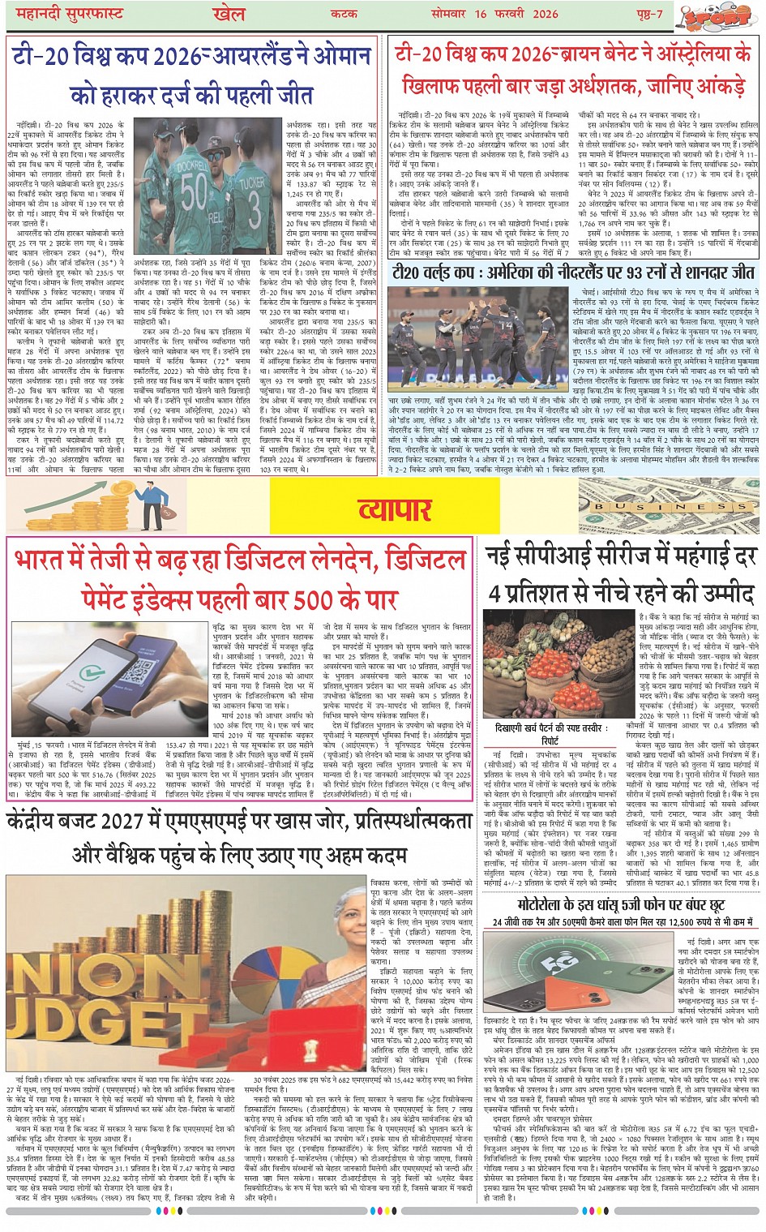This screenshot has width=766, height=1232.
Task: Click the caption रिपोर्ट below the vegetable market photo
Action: point(550,740)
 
